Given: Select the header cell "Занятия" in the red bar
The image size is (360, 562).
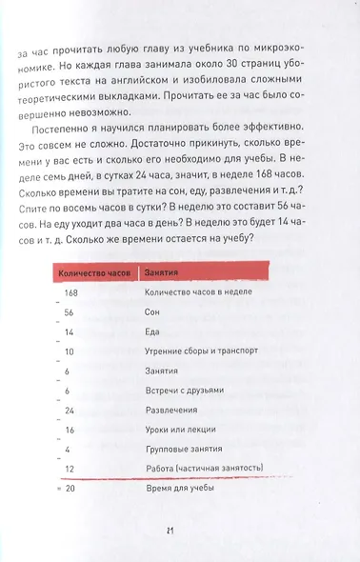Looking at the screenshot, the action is pos(160,273).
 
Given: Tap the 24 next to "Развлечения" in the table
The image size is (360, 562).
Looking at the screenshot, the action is pos(69,411).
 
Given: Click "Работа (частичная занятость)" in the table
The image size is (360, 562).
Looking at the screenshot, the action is pos(204,469).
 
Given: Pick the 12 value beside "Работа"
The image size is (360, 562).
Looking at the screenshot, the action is pos(69,469).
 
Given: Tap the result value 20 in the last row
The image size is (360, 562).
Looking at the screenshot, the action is pos(70,490).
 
